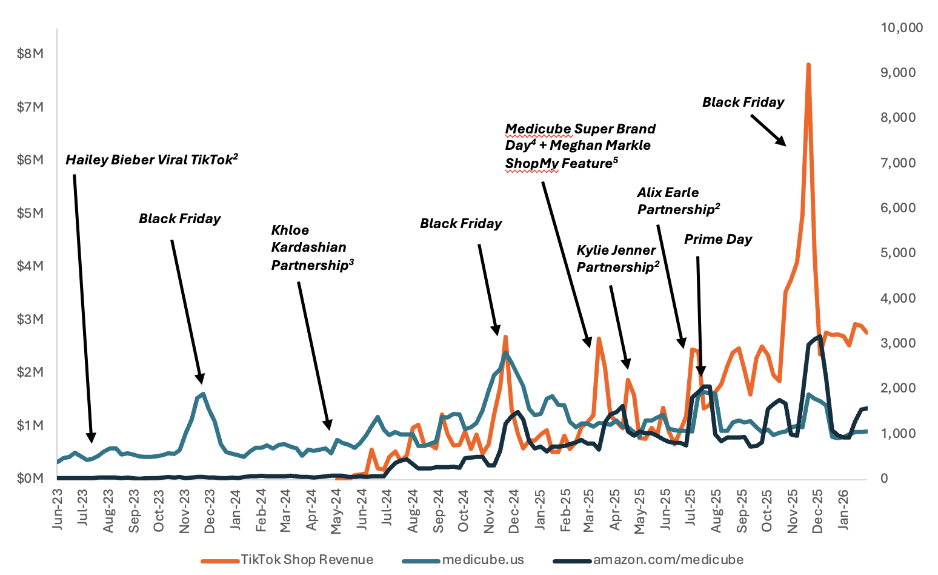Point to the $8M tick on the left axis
coord(30,53)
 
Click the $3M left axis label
coord(30,319)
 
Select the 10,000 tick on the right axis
coord(902,27)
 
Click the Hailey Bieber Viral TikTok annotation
coord(151,160)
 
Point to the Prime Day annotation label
coord(718,240)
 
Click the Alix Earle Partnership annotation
coord(678,201)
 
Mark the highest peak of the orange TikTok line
coord(808,64)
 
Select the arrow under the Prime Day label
coord(699,315)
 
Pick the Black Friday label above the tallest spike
coord(743,103)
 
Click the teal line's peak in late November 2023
coord(203,394)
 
